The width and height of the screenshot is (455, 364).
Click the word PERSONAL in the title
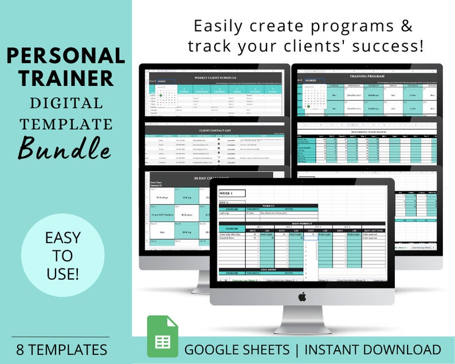[x=66, y=56]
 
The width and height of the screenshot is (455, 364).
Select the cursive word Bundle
[x=65, y=147]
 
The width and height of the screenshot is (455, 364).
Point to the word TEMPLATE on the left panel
[x=66, y=123]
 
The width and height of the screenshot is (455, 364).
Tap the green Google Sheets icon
[x=162, y=336]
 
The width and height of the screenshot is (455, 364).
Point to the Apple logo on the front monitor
[x=302, y=296]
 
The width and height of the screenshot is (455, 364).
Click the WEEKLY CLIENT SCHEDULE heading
[x=216, y=77]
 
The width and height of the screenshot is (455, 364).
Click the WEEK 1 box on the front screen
[x=232, y=193]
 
